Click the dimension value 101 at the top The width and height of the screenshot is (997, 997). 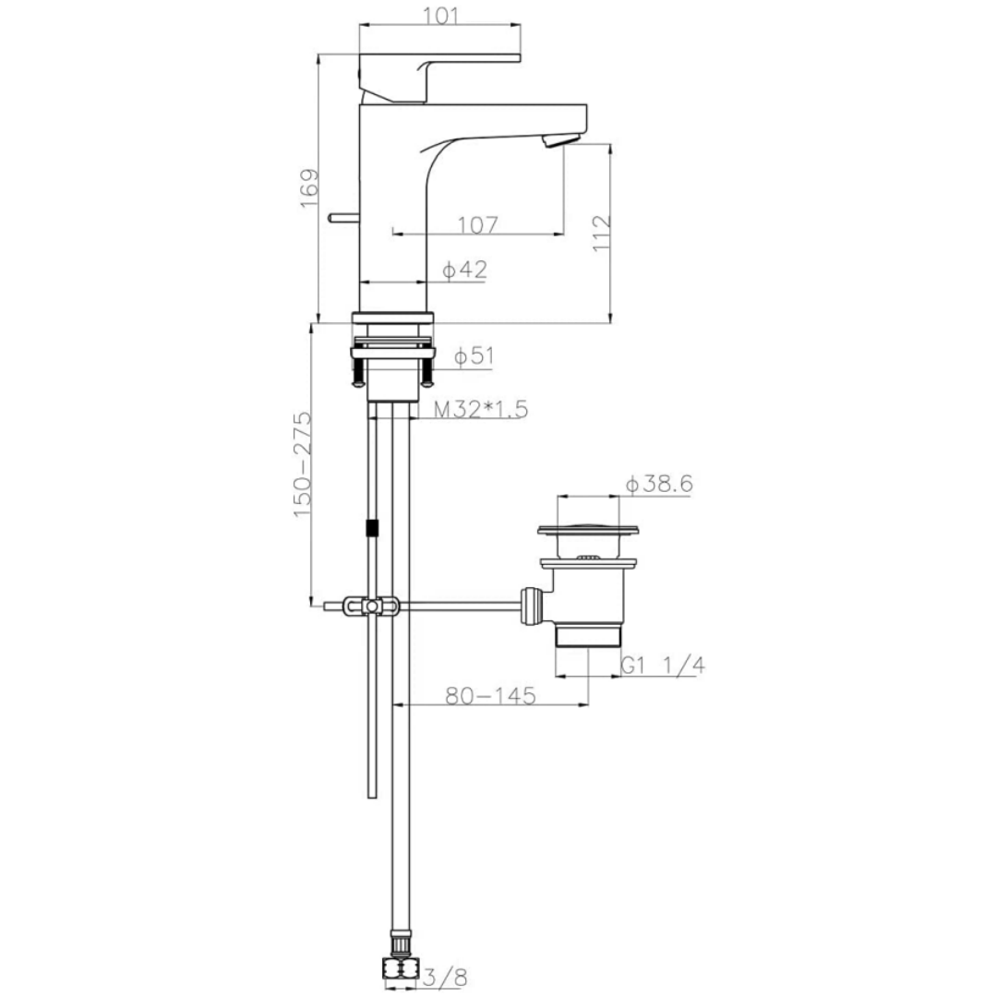point(438,16)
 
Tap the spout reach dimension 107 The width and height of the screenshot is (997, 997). point(477,224)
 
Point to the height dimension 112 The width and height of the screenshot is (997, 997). point(601,234)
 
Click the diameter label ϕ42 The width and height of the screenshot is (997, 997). point(464,270)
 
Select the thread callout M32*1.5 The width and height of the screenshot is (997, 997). point(481,410)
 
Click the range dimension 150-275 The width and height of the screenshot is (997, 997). point(304,463)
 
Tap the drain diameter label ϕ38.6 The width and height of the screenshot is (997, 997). point(659,484)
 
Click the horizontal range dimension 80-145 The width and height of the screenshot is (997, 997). point(490,696)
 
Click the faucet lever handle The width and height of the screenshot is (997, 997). point(434,74)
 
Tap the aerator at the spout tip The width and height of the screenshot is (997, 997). point(561,139)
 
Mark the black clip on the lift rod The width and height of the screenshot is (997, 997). point(372,528)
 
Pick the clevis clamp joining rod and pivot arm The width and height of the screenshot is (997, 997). point(371,607)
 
